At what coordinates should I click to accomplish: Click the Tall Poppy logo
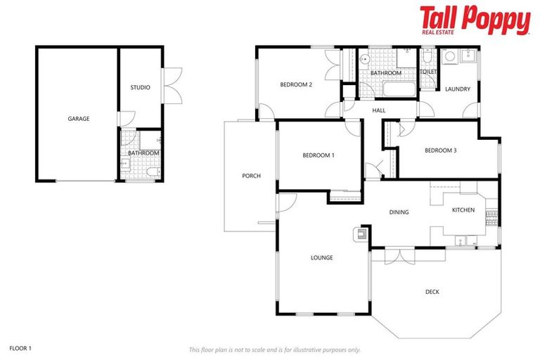coord(475,20)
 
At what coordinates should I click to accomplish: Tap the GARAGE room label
coord(79,119)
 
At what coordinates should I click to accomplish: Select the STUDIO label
coord(140,88)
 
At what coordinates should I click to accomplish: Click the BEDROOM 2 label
coord(296,85)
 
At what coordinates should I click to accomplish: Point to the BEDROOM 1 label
coord(319,155)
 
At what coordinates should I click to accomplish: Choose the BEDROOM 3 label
coord(441,150)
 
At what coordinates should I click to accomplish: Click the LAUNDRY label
coord(457,89)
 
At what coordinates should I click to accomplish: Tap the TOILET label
coord(428,72)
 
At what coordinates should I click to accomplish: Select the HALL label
coord(379,110)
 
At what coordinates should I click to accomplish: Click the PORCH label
coord(251,176)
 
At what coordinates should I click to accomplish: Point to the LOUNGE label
coord(322,257)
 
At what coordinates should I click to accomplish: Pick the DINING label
coord(399,212)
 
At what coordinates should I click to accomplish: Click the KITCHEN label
coord(463,210)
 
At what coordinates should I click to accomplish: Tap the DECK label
coord(432,292)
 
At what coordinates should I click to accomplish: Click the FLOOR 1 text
coord(21,348)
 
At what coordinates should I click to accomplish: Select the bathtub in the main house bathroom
coord(399,89)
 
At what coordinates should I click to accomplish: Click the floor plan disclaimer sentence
coord(274,349)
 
